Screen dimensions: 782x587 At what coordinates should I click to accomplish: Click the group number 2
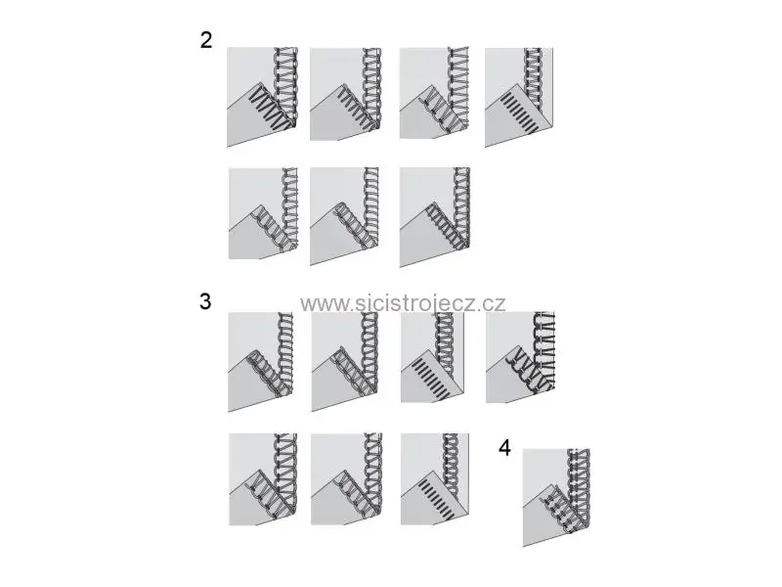tap(206, 40)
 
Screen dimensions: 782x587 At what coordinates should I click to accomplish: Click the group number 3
tap(205, 301)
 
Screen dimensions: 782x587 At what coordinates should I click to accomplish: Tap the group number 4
tap(504, 448)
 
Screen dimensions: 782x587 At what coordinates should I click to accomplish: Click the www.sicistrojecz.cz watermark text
tap(403, 303)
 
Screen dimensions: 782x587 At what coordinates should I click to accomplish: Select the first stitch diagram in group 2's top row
tap(262, 97)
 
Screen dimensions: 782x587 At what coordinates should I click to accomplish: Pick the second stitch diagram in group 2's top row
tap(346, 94)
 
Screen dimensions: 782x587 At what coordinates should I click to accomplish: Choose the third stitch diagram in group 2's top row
tap(434, 93)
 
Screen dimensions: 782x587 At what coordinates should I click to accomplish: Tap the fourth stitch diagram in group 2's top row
tap(519, 97)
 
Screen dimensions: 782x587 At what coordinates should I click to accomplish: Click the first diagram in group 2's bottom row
tap(263, 213)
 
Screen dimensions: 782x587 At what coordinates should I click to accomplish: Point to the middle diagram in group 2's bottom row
tap(344, 216)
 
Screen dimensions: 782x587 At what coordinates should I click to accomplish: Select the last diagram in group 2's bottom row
tap(435, 217)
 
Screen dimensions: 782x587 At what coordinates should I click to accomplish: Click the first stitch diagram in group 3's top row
tap(261, 362)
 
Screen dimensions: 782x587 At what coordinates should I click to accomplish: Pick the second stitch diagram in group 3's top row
tap(345, 362)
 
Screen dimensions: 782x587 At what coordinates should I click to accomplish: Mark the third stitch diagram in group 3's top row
tap(432, 357)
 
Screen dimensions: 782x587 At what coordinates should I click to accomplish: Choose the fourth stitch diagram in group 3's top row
tap(520, 357)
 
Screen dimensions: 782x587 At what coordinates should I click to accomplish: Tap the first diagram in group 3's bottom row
tap(263, 479)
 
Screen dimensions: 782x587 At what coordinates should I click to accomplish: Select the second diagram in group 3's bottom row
tap(347, 479)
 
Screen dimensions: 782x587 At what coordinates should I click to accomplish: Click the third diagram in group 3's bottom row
tap(435, 479)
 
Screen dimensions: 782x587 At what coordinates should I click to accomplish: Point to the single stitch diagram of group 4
tap(556, 498)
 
